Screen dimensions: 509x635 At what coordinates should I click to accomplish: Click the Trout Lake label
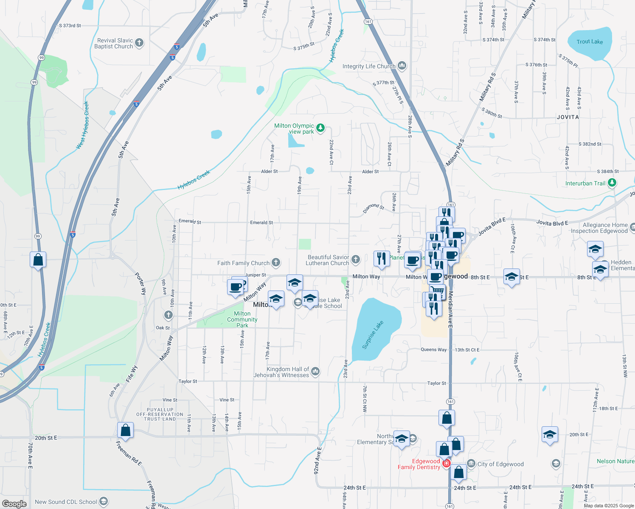point(590,42)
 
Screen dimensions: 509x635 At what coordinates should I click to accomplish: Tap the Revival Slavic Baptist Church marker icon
point(139,43)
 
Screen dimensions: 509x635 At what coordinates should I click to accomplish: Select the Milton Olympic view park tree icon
point(320,127)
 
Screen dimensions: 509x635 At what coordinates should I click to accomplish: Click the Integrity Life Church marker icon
point(402,66)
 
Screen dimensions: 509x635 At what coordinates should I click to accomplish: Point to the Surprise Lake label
point(373,335)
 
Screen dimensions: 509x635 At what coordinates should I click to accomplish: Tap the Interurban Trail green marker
point(612,183)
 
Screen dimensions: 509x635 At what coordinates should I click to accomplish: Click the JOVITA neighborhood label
point(568,117)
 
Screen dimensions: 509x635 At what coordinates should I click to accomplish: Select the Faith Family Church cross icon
point(276,263)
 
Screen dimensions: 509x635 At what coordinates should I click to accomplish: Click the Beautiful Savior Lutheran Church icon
point(356,259)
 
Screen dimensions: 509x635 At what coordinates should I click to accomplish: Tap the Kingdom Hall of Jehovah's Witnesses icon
point(315,372)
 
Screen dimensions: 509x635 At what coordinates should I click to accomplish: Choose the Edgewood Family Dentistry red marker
point(446,464)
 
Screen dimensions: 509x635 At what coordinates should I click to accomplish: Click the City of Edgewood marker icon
point(471,464)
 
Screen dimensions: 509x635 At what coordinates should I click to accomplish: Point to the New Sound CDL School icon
point(103,502)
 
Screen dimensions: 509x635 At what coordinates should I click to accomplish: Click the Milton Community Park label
point(242,319)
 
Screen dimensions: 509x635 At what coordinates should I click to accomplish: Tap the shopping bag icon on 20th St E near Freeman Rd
point(125,430)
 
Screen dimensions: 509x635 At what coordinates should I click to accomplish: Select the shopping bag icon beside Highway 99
point(38,260)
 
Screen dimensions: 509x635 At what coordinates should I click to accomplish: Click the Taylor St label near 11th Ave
point(188,381)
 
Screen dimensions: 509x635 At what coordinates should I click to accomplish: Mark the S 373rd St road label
point(70,25)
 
